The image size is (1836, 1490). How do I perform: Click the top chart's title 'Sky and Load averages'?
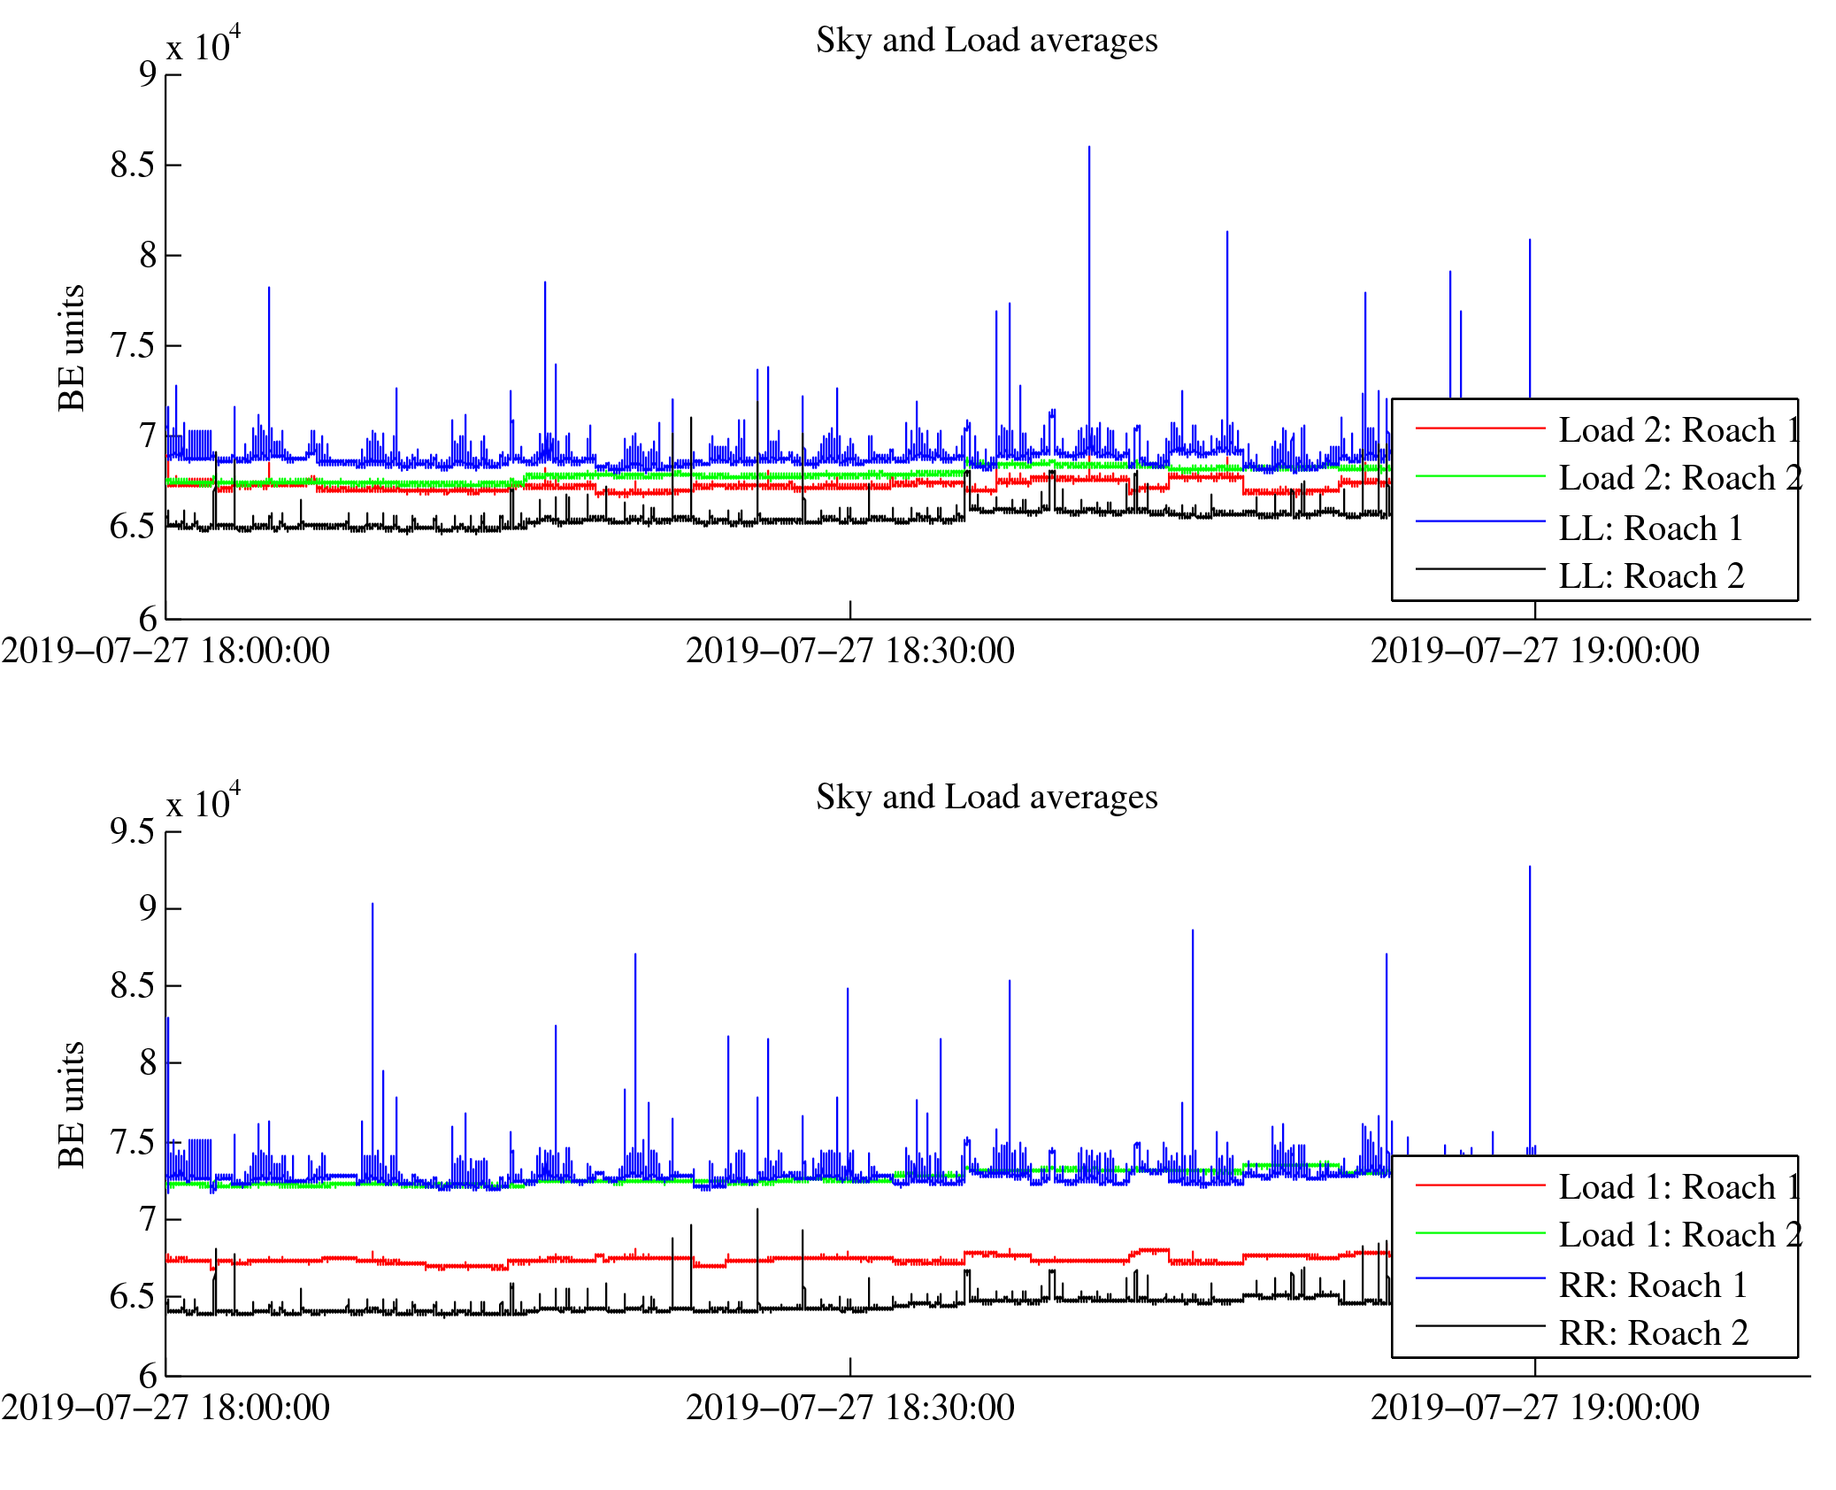pyautogui.click(x=986, y=41)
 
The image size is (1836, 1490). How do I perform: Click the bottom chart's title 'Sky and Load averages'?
pyautogui.click(x=986, y=798)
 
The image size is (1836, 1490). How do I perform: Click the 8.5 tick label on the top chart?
pyautogui.click(x=133, y=166)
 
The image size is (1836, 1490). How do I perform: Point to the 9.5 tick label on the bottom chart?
pyautogui.click(x=133, y=831)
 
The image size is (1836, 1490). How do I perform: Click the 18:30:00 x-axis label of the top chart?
pyautogui.click(x=849, y=652)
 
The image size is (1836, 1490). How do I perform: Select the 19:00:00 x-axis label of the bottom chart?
pyautogui.click(x=1534, y=1409)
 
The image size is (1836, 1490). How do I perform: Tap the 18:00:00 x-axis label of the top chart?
pyautogui.click(x=165, y=652)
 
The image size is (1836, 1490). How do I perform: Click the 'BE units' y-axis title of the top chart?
pyautogui.click(x=72, y=348)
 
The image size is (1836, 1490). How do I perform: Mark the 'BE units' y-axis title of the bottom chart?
pyautogui.click(x=72, y=1105)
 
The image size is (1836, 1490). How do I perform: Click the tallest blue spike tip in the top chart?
pyautogui.click(x=1088, y=147)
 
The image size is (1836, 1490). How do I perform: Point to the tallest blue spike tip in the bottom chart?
pyautogui.click(x=1529, y=867)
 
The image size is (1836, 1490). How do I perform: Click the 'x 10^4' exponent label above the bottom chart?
pyautogui.click(x=203, y=802)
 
